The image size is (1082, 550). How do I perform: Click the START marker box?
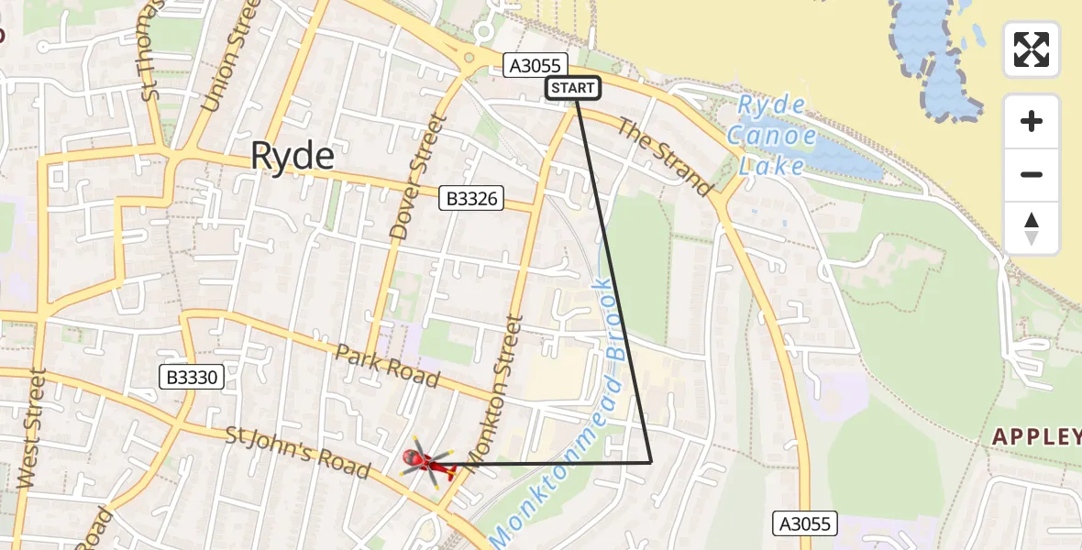pos(573,88)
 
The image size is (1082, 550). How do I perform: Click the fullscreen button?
pos(1032,49)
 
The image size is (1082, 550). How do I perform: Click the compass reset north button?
pos(1032,228)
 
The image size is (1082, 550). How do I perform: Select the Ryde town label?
pos(293,157)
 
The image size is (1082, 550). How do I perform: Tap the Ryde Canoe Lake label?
pos(772,136)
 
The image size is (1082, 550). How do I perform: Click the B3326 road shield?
pos(471,198)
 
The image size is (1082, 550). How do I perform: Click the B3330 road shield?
pos(192,376)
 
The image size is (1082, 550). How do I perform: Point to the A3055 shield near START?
pos(536,64)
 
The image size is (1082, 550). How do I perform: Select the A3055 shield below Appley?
pos(804,523)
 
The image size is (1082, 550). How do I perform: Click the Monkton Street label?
pos(495,390)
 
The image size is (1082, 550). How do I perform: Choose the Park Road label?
pos(387,366)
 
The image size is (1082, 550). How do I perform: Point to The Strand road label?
pos(665,157)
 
